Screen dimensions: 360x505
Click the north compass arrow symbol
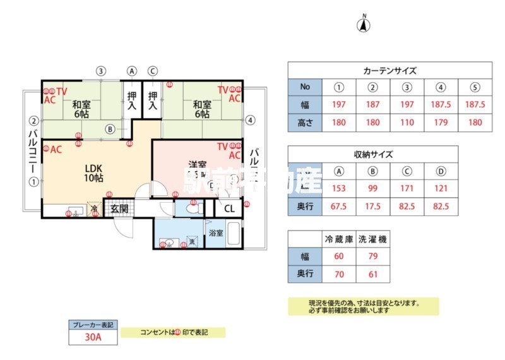click(x=364, y=25)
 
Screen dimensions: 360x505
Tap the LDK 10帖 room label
click(x=94, y=173)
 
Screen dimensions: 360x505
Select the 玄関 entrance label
click(x=119, y=208)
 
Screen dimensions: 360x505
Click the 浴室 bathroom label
click(x=215, y=233)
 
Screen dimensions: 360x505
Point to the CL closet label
click(x=229, y=208)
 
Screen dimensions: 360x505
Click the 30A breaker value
click(x=93, y=337)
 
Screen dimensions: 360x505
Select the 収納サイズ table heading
click(x=373, y=153)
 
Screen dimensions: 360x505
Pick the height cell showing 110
click(x=407, y=123)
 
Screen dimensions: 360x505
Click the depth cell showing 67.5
click(x=339, y=206)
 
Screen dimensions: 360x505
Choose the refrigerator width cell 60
click(x=339, y=256)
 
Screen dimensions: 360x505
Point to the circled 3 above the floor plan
click(x=101, y=71)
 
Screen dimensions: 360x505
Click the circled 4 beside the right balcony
click(x=251, y=119)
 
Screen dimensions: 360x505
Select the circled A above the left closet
click(x=132, y=71)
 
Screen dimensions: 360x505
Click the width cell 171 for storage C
click(x=407, y=188)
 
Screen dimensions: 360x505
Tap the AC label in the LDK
click(x=55, y=150)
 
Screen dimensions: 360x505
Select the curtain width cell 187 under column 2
click(x=373, y=105)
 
